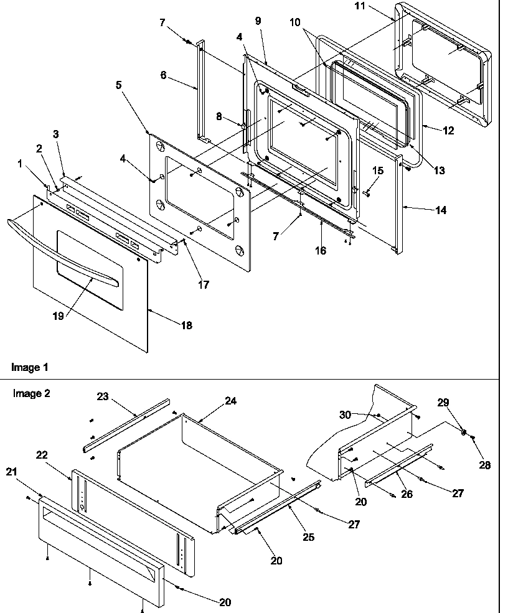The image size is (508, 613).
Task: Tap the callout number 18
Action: coord(186,325)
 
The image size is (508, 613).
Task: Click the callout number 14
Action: coord(440,210)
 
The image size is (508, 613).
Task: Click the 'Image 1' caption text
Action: coord(29,367)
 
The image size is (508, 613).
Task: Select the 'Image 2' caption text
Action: coord(31,393)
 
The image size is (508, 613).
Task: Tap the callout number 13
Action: coord(440,171)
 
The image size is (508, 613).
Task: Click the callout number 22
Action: coord(42,455)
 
